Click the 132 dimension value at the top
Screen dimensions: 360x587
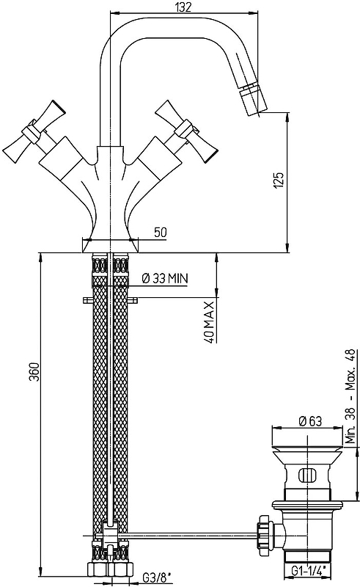pyautogui.click(x=183, y=7)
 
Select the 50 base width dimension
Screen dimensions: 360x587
pyautogui.click(x=160, y=232)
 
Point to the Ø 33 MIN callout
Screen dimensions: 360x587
pyautogui.click(x=165, y=279)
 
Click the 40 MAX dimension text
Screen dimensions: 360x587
pyautogui.click(x=210, y=321)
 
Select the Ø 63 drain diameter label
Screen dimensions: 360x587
pyautogui.click(x=310, y=421)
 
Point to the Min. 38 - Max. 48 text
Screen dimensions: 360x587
pyautogui.click(x=350, y=396)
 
